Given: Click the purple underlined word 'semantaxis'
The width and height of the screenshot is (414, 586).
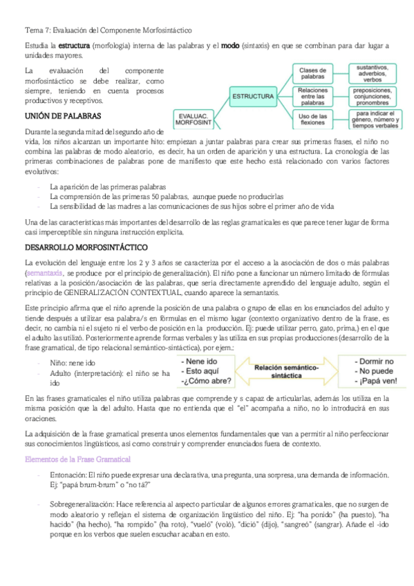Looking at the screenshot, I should click(45, 274).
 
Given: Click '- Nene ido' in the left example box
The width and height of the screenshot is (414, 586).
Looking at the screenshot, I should click(196, 361).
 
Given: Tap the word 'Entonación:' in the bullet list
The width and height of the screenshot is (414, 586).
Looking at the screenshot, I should click(68, 475).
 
